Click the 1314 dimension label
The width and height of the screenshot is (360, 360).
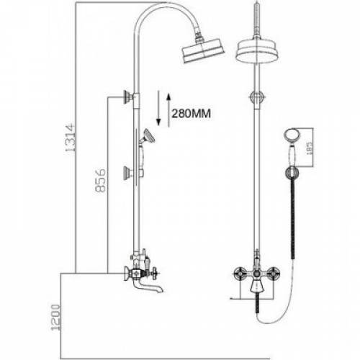click(71, 138)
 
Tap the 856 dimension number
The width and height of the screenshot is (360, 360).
click(100, 180)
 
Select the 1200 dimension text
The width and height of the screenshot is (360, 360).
click(55, 318)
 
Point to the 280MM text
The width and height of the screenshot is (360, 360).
click(191, 113)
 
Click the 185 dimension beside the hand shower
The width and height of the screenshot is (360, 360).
click(309, 148)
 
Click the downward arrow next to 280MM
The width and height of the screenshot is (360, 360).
click(158, 108)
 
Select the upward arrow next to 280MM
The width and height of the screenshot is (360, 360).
click(168, 110)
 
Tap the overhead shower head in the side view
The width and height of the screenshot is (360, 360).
click(203, 50)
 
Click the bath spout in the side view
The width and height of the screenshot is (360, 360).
click(148, 287)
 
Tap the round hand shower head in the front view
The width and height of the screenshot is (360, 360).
click(291, 135)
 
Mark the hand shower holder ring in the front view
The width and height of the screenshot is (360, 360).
click(292, 173)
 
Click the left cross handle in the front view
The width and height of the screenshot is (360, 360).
click(240, 274)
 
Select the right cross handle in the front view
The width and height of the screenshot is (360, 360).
click(273, 274)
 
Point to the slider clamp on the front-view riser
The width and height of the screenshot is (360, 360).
click(257, 97)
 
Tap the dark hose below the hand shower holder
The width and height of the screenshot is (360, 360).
click(292, 219)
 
